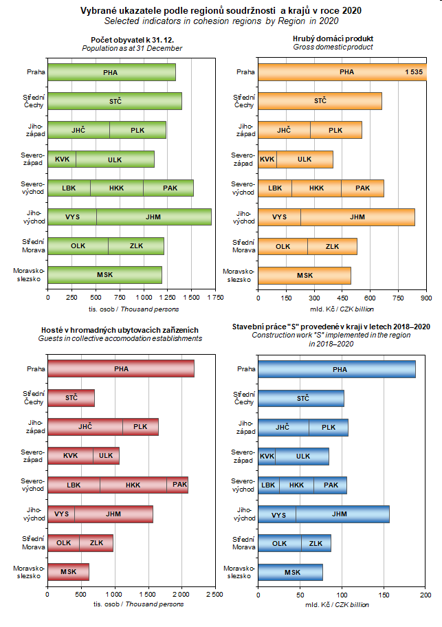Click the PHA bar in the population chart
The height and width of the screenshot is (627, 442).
click(111, 72)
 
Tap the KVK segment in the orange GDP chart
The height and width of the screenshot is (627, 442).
click(267, 159)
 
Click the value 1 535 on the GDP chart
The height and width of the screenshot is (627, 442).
click(414, 71)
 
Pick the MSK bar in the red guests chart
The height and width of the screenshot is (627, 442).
click(68, 571)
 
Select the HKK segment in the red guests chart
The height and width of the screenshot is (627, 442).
click(133, 485)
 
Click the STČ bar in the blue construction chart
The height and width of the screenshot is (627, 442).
click(302, 398)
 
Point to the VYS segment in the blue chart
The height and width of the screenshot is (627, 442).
click(278, 514)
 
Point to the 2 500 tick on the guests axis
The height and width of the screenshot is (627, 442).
click(215, 594)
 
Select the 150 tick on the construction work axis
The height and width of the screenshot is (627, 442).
click(384, 594)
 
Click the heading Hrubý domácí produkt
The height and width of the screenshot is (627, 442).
click(333, 39)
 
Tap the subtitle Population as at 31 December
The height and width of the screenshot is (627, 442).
click(132, 48)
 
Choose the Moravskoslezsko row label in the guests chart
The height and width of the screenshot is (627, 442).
click(30, 572)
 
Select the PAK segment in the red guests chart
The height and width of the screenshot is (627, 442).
click(179, 485)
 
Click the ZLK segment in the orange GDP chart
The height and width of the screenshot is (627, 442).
click(332, 246)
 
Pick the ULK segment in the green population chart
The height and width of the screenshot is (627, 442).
click(115, 159)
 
